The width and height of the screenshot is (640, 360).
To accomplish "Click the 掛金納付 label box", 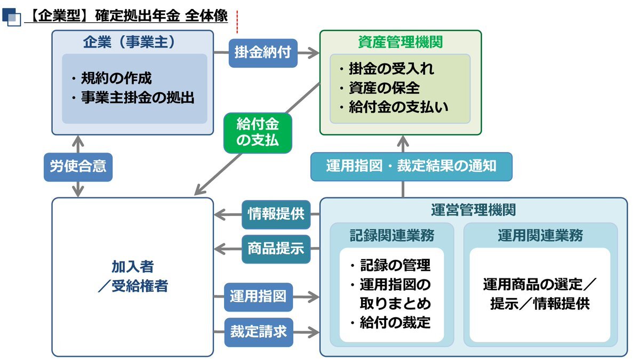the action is point(263,53).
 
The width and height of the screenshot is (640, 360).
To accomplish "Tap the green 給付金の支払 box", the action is point(258,133).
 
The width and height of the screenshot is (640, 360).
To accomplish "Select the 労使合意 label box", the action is point(78,167).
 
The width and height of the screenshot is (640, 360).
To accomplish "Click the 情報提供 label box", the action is point(276,214).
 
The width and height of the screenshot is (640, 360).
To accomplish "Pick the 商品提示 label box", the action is point(276,249).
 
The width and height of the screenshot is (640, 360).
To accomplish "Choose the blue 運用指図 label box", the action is point(258,297).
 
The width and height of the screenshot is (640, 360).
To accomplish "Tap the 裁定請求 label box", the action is point(259,332).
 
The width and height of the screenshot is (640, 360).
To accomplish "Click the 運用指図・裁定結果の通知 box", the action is point(411,166).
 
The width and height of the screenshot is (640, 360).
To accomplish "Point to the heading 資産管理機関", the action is point(401,42).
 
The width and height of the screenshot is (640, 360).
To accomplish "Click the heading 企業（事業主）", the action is point(129,42).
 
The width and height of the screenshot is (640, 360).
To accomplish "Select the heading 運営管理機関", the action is point(474,210).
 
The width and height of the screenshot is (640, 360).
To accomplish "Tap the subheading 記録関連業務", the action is point(392,235).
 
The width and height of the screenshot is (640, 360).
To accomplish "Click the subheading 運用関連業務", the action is point(540,235).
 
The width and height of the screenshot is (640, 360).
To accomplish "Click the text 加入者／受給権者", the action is point(133,276).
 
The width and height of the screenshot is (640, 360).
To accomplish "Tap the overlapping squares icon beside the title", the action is point(11,17).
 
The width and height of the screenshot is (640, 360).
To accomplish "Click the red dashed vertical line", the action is point(237,22).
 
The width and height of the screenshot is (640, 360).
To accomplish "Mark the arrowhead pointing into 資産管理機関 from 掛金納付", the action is point(314,53).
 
